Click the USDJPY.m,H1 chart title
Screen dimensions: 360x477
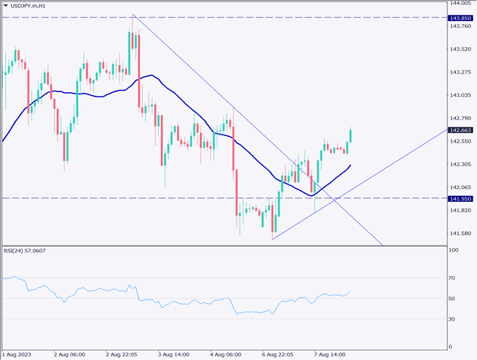click(36, 6)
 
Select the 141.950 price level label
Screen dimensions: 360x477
click(461, 198)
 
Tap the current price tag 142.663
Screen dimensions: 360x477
click(461, 130)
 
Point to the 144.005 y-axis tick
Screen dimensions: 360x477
click(460, 4)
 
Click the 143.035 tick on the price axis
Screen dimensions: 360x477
click(460, 95)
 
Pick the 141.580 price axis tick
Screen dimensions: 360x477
click(460, 233)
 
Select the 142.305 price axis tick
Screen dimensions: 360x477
click(460, 164)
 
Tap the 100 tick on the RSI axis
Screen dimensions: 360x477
click(454, 250)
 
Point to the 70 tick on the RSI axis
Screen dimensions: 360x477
click(452, 278)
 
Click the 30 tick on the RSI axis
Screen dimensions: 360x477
click(452, 319)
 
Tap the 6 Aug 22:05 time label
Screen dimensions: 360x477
click(278, 354)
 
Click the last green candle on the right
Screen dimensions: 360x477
click(351, 135)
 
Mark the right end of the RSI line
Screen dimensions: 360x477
click(350, 291)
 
